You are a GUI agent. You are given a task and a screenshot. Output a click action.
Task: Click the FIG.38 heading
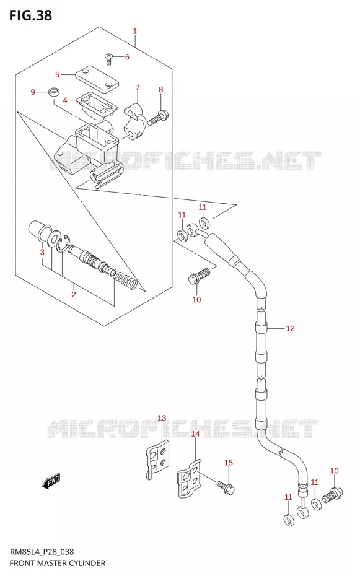30,15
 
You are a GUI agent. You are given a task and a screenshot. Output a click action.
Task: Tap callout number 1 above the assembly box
135,31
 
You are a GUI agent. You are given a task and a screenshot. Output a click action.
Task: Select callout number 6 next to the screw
127,56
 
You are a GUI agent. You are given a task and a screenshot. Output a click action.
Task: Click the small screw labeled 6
108,59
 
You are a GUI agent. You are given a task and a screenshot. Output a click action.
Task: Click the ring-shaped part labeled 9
54,91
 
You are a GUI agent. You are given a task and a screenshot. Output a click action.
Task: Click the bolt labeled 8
157,118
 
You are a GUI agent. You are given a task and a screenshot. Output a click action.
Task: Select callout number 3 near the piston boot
42,252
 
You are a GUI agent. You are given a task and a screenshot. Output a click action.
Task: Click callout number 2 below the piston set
74,294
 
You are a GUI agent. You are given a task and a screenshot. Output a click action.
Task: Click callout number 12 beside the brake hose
290,328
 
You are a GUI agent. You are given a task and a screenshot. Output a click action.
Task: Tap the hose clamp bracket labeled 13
157,460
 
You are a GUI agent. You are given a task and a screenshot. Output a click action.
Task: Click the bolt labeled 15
225,487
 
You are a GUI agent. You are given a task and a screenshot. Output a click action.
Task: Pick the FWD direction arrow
51,481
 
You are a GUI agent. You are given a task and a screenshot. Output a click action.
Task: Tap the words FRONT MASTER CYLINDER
57,563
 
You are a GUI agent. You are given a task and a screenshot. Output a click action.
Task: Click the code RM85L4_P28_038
42,552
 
